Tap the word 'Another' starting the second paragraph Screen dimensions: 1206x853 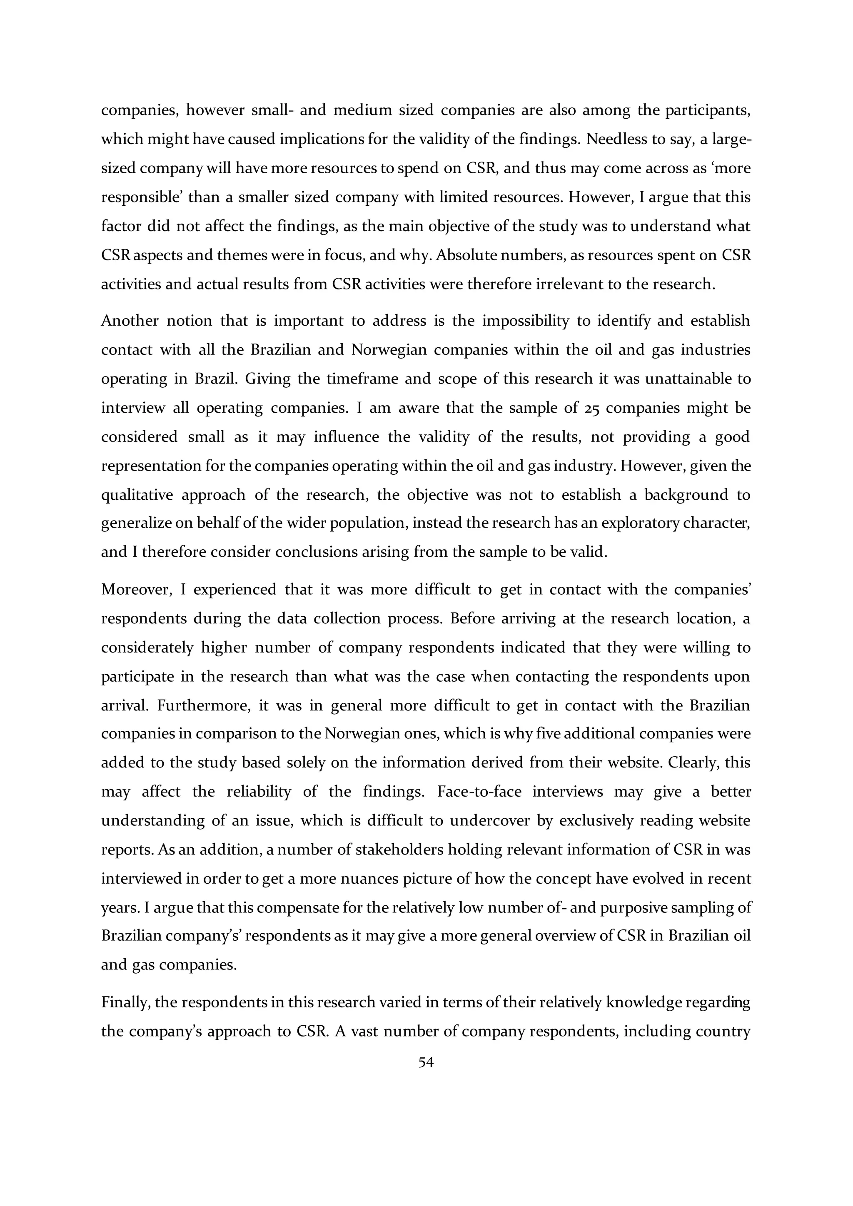click(x=130, y=321)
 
